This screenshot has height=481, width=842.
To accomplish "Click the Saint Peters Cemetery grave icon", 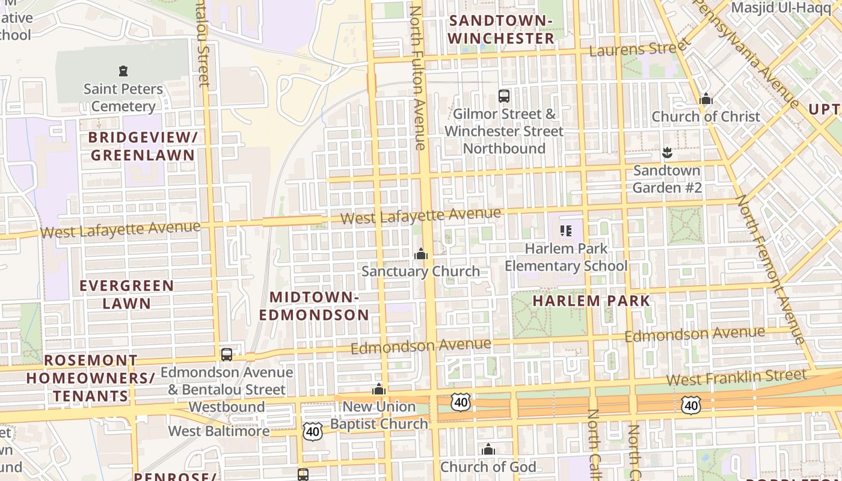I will tap(123, 71).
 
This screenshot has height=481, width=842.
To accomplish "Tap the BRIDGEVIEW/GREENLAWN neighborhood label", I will tap(143, 146).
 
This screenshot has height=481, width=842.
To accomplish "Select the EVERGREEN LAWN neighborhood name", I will tap(126, 294).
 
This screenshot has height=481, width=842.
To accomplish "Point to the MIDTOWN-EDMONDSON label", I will tap(314, 306).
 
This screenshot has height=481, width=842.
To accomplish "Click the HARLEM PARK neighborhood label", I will tap(592, 301).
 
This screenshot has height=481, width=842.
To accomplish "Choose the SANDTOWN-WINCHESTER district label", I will tap(501, 29).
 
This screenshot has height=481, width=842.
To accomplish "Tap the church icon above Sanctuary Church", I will tap(421, 254).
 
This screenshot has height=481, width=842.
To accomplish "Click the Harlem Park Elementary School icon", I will tap(565, 230).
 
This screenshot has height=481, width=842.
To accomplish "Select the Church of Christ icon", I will tap(706, 99).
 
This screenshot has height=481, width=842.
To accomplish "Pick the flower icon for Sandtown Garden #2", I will tap(666, 153).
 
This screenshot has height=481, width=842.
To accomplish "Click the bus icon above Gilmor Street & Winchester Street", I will tap(504, 96).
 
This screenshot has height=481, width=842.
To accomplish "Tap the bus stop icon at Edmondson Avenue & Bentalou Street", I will tap(227, 354).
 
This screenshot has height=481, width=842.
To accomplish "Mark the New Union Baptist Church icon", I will tap(379, 389).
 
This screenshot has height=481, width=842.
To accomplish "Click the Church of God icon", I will tap(488, 449).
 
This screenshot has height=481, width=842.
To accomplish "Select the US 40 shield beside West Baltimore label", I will tap(313, 430).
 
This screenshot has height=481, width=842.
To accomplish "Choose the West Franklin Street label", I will tap(736, 378).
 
